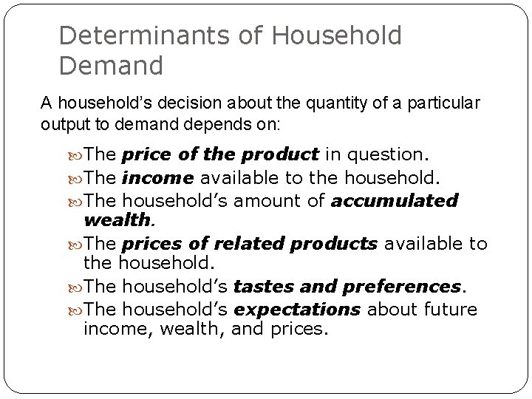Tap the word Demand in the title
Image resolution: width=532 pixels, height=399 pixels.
[110, 66]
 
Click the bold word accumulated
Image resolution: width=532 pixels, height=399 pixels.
[395, 200]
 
